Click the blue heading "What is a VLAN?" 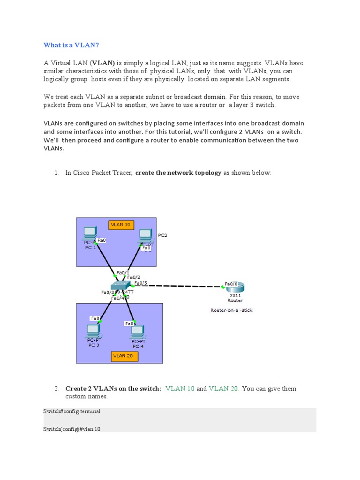tap(71, 45)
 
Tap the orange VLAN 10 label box tap(121, 225)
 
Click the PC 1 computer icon tap(90, 233)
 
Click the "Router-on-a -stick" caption tap(232, 310)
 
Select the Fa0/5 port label tap(141, 283)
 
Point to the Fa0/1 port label tap(122, 272)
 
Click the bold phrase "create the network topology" tap(178, 173)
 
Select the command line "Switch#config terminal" tap(72, 411)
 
